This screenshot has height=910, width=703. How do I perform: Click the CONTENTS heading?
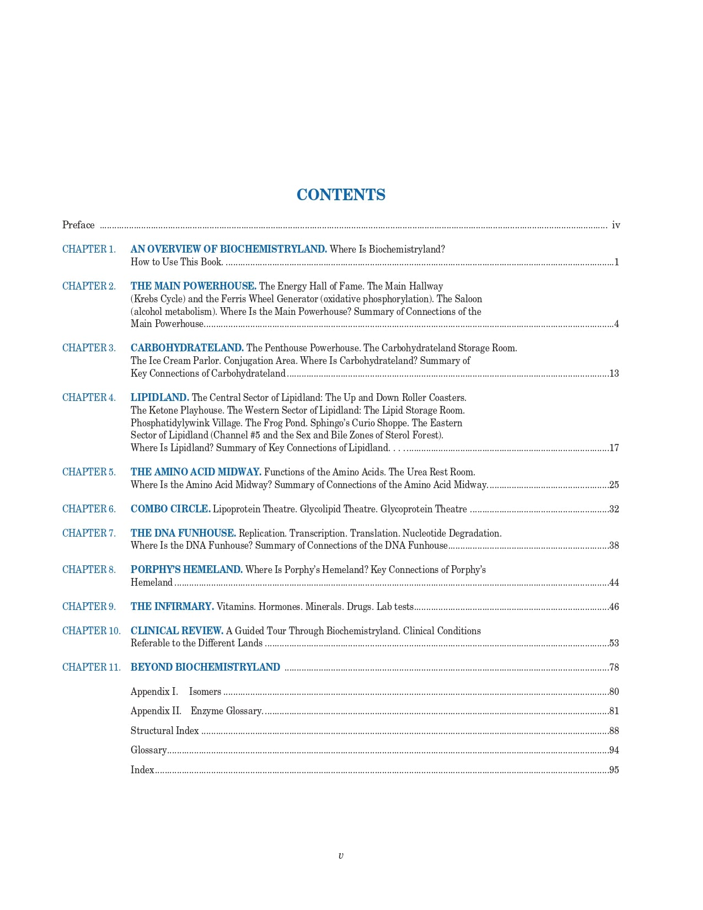pyautogui.click(x=341, y=195)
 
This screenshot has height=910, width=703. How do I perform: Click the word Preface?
pyautogui.click(x=78, y=225)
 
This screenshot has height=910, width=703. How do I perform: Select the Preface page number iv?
pyautogui.click(x=616, y=225)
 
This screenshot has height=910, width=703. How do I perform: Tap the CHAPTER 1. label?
pyautogui.click(x=89, y=249)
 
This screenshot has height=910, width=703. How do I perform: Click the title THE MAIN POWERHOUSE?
pyautogui.click(x=193, y=286)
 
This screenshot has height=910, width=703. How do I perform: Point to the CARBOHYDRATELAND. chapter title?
pyautogui.click(x=187, y=348)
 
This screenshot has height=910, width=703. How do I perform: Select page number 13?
pyautogui.click(x=614, y=373)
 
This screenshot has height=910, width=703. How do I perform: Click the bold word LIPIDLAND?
pyautogui.click(x=159, y=398)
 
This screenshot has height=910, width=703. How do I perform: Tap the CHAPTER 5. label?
pyautogui.click(x=89, y=472)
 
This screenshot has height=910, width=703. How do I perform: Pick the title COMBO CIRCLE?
pyautogui.click(x=170, y=509)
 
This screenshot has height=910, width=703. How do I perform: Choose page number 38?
pyautogui.click(x=614, y=545)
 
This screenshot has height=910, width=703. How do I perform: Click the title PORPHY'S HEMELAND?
pyautogui.click(x=186, y=570)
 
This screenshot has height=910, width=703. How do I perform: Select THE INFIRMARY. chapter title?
pyautogui.click(x=172, y=607)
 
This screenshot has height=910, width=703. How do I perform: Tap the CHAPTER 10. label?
pyautogui.click(x=91, y=631)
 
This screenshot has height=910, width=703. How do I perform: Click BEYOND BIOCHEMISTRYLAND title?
pyautogui.click(x=205, y=667)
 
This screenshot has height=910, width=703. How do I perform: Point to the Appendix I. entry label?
pyautogui.click(x=154, y=692)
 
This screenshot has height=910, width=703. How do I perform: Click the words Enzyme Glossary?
pyautogui.click(x=226, y=711)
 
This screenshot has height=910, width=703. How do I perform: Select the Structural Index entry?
pyautogui.click(x=164, y=731)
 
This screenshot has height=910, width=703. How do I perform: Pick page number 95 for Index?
pyautogui.click(x=614, y=770)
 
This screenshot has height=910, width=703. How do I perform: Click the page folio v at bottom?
pyautogui.click(x=340, y=856)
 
